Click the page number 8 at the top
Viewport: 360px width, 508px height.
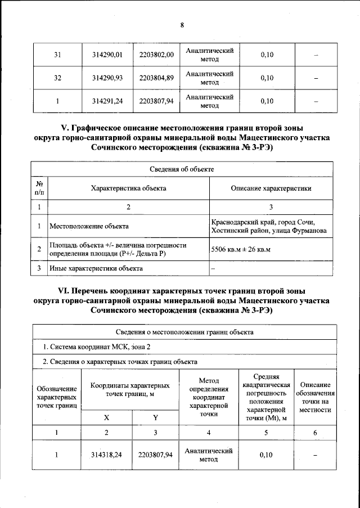(x=182, y=25)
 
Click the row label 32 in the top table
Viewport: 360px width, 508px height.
(x=57, y=78)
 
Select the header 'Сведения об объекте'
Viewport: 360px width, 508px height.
(x=181, y=169)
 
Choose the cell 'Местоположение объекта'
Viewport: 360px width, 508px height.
(x=89, y=226)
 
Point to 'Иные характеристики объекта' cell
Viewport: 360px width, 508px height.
(x=96, y=268)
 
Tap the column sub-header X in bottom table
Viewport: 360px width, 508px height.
(x=107, y=417)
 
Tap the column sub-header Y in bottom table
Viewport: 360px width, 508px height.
(x=155, y=417)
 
